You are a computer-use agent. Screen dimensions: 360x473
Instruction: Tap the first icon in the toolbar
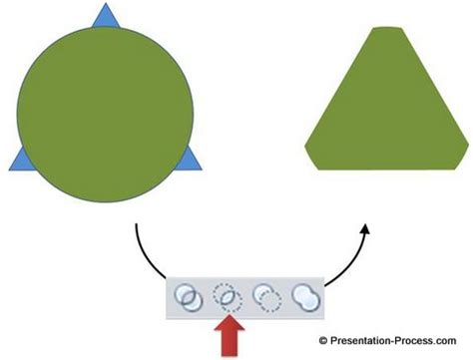click(185, 296)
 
